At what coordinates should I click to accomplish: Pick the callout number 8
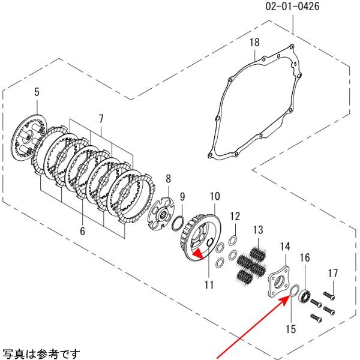pos(168,178)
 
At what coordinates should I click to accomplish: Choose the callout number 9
pos(183,197)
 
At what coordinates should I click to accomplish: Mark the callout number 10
pos(215,196)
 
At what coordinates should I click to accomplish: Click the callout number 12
pos(235,215)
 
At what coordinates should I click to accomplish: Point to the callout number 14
pos(285,246)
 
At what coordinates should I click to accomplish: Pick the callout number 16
pos(305,257)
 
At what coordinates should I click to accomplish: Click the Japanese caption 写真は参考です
pos(39,353)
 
